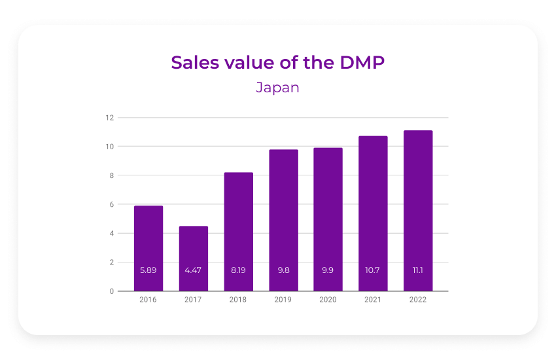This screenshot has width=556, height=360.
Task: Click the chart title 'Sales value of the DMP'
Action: click(277, 62)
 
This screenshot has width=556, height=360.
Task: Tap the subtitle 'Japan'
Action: click(277, 87)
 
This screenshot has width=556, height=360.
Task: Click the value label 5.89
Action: click(148, 270)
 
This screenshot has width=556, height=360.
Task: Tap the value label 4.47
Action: click(194, 270)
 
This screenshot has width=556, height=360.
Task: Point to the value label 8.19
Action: click(239, 270)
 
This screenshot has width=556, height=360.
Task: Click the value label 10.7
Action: click(373, 270)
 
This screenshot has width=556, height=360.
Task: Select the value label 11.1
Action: click(418, 270)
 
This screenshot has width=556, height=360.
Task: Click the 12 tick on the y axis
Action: click(110, 118)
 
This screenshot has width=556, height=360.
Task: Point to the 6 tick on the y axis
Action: click(111, 204)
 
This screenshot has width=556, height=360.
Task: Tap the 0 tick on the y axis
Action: click(111, 291)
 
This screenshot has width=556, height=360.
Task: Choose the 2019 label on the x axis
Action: click(283, 300)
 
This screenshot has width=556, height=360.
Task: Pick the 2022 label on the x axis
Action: click(418, 300)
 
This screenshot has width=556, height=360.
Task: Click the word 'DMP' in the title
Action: click(362, 62)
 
